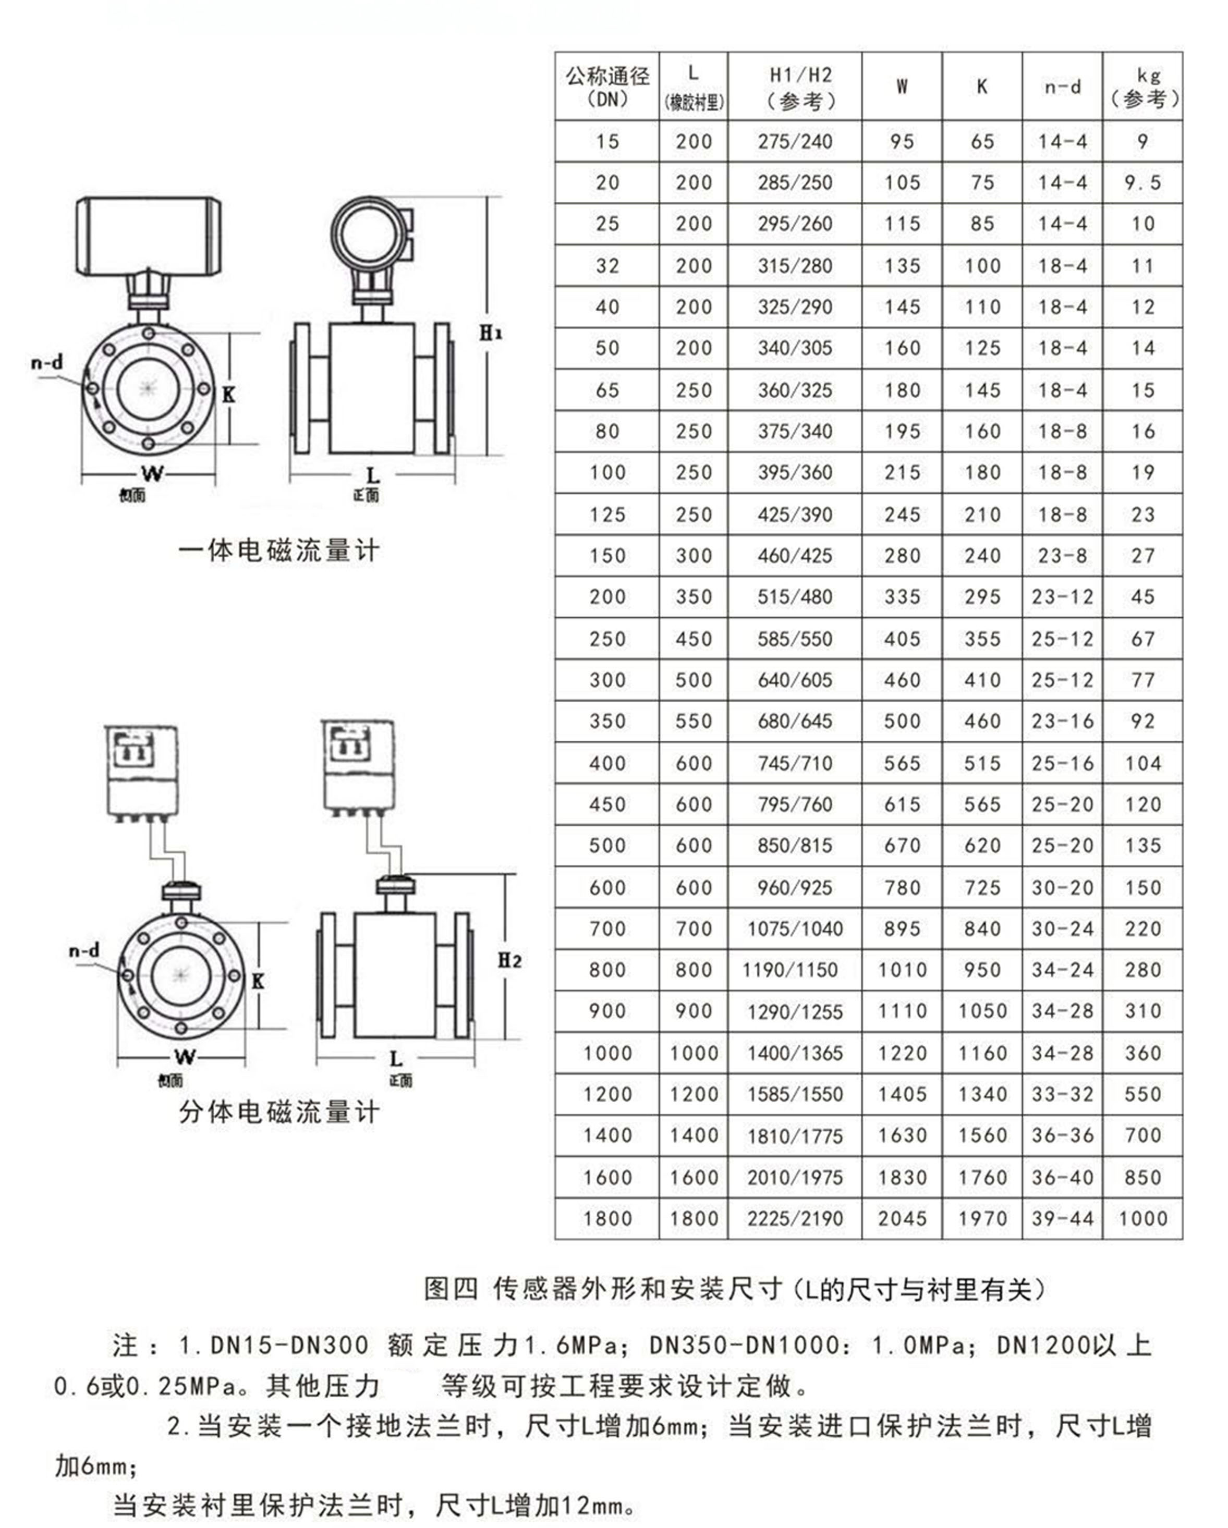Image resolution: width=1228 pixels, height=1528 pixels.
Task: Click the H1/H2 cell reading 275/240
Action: [795, 142]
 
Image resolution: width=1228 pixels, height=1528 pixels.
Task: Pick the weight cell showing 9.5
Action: [1142, 183]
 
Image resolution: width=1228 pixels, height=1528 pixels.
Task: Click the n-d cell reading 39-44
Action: [1062, 1218]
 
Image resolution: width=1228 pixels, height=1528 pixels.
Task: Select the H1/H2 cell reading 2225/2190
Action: [795, 1218]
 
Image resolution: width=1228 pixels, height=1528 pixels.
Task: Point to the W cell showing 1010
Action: [902, 970]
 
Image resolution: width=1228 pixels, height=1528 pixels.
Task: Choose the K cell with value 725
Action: [982, 887]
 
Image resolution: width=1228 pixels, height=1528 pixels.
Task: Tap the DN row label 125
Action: [607, 515]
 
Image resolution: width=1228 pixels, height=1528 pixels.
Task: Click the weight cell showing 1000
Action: [1142, 1218]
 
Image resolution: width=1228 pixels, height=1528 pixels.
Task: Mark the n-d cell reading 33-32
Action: [1062, 1094]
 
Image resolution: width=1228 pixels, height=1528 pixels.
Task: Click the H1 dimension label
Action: [491, 333]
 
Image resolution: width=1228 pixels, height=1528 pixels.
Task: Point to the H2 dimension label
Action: [509, 960]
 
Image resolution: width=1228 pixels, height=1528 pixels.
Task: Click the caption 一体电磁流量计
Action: [278, 550]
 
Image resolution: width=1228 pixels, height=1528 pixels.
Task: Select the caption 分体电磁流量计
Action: [278, 1111]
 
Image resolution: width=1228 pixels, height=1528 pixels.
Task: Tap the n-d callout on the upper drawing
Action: [47, 363]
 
